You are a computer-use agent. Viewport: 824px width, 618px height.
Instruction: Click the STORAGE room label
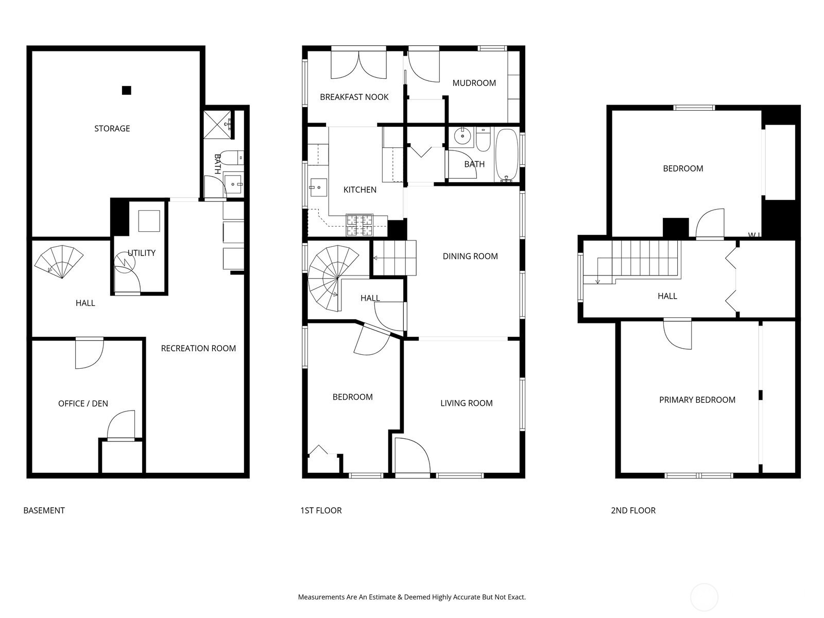(112, 129)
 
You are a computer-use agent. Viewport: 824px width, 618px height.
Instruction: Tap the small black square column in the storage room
(127, 91)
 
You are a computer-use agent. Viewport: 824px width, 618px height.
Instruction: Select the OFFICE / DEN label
(83, 404)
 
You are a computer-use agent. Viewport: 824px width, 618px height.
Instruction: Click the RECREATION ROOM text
(198, 349)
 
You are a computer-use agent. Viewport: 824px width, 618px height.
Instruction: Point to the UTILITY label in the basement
(142, 253)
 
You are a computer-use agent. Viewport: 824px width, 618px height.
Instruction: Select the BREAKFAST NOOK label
(354, 97)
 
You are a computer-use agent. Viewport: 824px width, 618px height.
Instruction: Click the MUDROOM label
(474, 83)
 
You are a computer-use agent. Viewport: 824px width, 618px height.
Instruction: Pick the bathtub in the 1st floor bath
(507, 156)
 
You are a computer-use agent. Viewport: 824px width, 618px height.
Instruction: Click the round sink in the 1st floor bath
(462, 136)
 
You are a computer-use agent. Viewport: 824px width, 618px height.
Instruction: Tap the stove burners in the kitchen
(359, 225)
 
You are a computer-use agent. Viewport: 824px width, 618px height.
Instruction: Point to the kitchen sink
(318, 187)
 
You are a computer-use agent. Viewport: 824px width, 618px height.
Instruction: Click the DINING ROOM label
(470, 256)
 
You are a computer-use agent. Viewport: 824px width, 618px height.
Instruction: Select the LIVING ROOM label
(466, 403)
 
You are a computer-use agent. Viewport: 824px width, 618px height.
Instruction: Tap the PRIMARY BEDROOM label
(697, 400)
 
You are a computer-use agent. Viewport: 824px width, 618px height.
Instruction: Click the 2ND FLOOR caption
(633, 511)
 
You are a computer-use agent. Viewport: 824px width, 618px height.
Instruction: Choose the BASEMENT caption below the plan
(44, 511)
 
